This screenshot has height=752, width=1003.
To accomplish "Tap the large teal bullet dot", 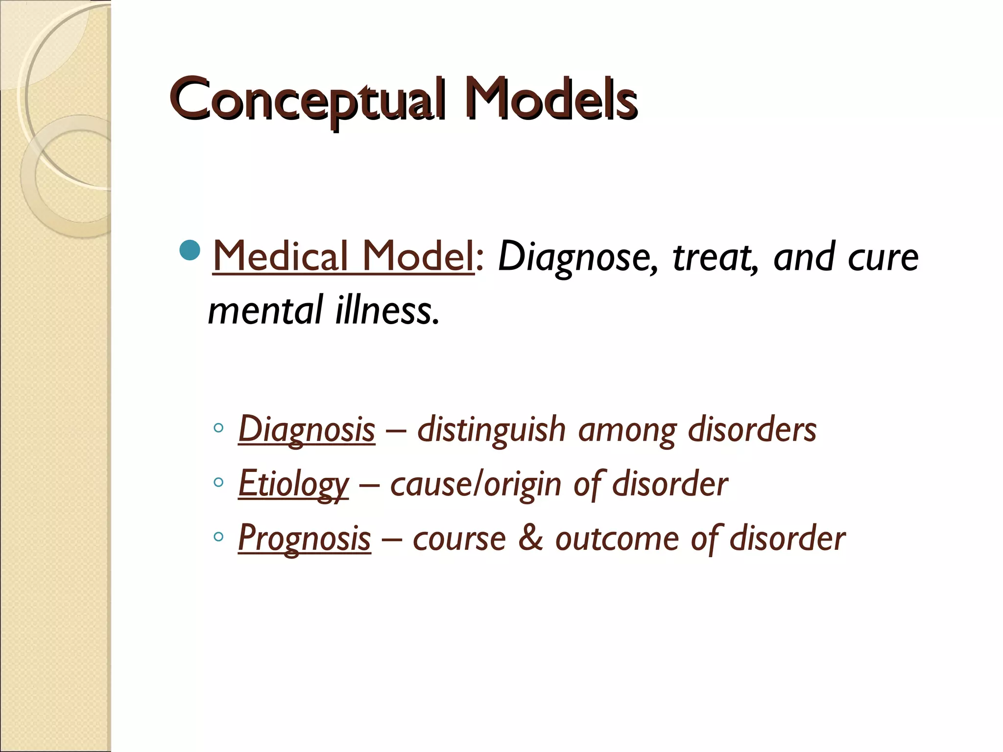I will point(190,250).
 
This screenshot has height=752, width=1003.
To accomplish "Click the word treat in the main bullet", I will point(716,258).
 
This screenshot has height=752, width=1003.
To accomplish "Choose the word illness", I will point(387,310).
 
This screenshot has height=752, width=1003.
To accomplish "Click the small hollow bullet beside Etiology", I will point(218,483).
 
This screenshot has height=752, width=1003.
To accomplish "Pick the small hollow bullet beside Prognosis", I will point(218,537).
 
